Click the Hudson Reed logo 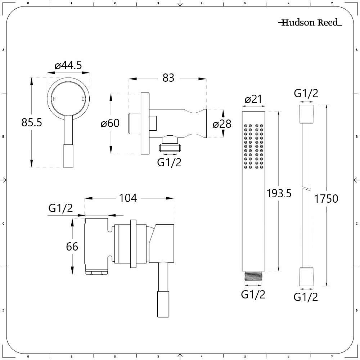pos(310,22)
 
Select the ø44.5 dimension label pos(68,66)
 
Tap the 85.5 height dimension pos(32,122)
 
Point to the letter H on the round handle pos(54,99)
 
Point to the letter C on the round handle pos(83,99)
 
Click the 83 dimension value pos(168,78)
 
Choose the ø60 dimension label pos(110,123)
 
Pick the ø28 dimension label pos(222,124)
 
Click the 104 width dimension pos(128,198)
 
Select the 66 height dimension pos(72,247)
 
